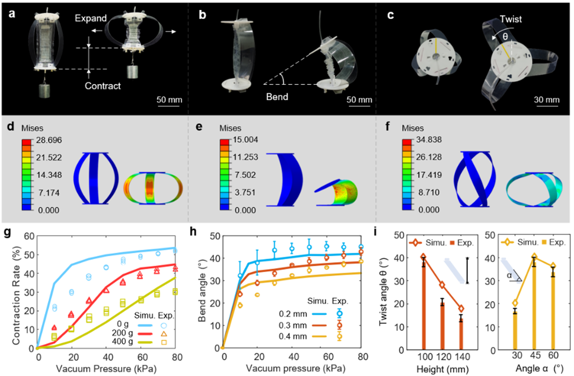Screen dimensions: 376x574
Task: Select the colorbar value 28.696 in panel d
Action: [x=50, y=140]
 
